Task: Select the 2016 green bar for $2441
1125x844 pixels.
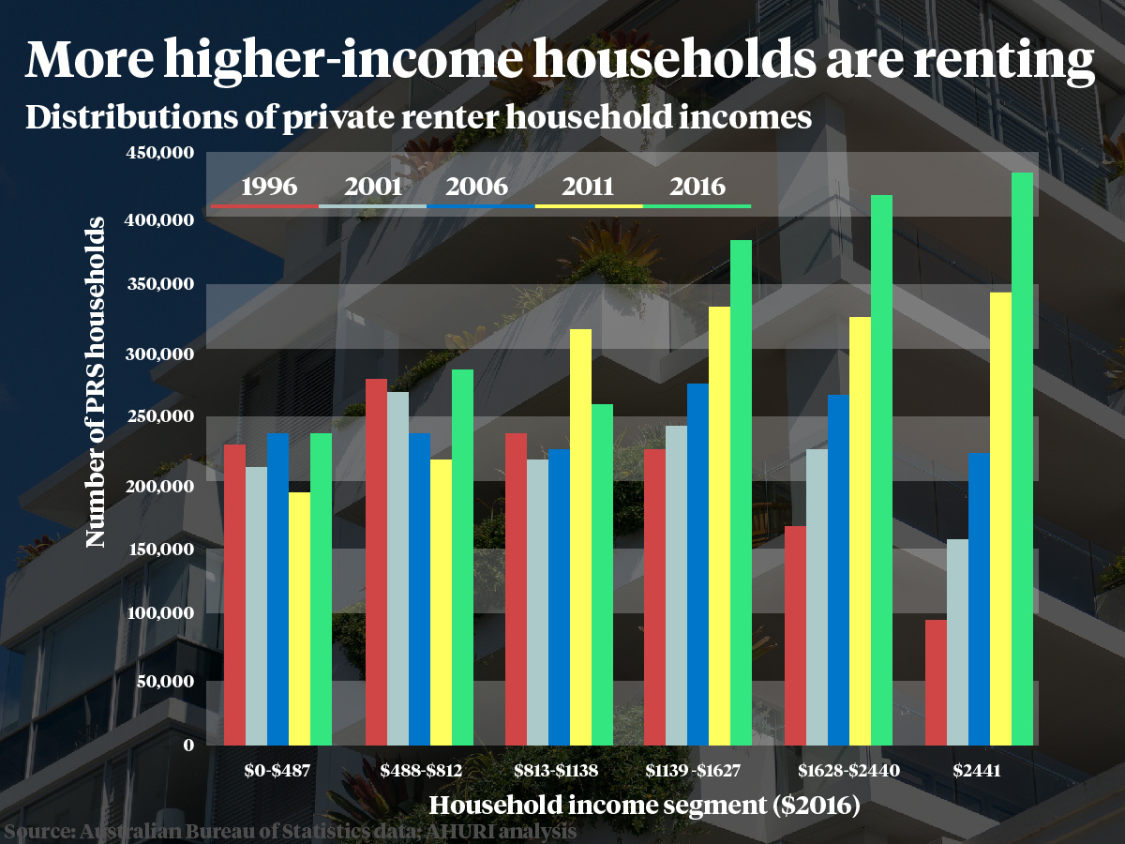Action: pyautogui.click(x=1022, y=459)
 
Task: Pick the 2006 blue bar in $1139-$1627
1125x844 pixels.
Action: pyautogui.click(x=698, y=564)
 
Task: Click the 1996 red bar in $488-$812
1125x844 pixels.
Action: pyautogui.click(x=376, y=562)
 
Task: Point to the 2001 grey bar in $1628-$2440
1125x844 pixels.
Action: pyautogui.click(x=817, y=596)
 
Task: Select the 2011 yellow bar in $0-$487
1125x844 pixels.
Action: pyautogui.click(x=299, y=618)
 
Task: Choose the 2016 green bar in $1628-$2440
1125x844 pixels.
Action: pyautogui.click(x=881, y=470)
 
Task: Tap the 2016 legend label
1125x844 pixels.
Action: pyautogui.click(x=697, y=187)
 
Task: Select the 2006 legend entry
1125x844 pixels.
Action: pyautogui.click(x=480, y=187)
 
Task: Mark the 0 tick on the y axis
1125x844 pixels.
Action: pyautogui.click(x=187, y=746)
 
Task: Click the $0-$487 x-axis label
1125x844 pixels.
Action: pyautogui.click(x=277, y=772)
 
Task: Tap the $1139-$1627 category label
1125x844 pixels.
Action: pyautogui.click(x=694, y=772)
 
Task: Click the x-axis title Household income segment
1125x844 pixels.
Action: pyautogui.click(x=644, y=805)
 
